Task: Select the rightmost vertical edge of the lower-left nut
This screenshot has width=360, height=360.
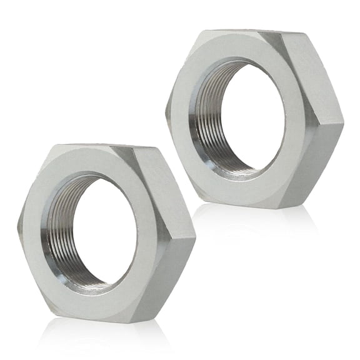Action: click(x=194, y=237)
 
